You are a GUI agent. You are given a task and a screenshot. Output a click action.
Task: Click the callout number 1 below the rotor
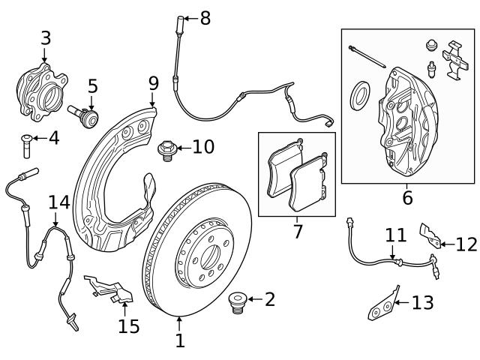tap(180, 341)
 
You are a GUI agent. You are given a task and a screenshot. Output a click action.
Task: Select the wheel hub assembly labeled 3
tap(41, 89)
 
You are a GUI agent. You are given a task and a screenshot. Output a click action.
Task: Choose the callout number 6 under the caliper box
tap(407, 198)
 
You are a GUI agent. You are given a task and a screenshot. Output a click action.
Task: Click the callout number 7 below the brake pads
tap(298, 231)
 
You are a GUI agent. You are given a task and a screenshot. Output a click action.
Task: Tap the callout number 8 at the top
tap(205, 17)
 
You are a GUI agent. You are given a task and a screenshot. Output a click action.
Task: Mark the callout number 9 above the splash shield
tap(153, 82)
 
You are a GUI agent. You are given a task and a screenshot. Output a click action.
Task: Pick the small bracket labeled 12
tap(429, 235)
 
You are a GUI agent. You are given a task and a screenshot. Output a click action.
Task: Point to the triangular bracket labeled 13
tap(382, 307)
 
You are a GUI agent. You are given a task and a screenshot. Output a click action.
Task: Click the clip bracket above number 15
tap(108, 289)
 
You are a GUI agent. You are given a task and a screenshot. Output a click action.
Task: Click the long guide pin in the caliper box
tap(367, 58)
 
